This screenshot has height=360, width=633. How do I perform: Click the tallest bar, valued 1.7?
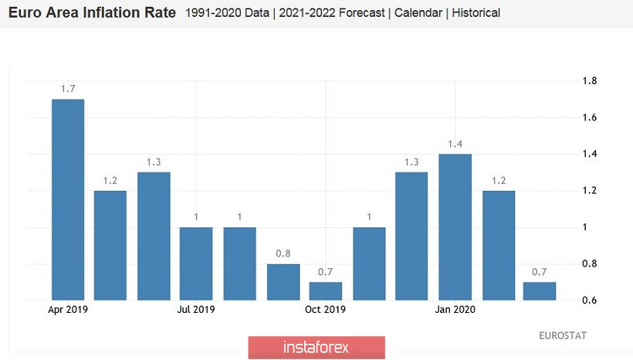tap(68, 199)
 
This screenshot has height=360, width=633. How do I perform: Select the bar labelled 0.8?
tap(283, 282)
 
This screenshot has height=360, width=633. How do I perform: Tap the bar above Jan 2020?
tap(455, 227)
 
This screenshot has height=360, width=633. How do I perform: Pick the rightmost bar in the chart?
tap(539, 291)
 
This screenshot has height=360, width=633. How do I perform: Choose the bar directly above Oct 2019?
tap(325, 291)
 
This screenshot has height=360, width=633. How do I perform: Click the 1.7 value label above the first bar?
tap(68, 90)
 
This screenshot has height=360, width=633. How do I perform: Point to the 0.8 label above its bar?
tap(283, 254)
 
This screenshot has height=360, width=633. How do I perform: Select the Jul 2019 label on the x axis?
tap(196, 310)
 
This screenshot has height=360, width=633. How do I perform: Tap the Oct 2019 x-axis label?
tap(325, 310)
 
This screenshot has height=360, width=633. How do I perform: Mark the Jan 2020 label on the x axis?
tap(455, 310)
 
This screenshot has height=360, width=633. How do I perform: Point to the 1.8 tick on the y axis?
tap(590, 81)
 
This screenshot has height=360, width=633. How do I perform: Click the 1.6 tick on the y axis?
tap(590, 117)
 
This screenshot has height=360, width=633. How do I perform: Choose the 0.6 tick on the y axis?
tap(590, 301)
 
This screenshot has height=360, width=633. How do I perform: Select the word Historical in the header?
tap(476, 13)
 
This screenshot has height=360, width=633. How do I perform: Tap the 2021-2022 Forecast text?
tap(340, 13)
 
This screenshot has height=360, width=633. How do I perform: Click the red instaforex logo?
tap(316, 347)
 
